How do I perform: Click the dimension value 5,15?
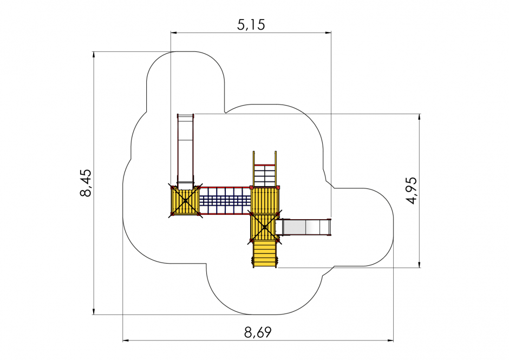click(x=251, y=25)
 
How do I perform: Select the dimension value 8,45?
click(x=86, y=183)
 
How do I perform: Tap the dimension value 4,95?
click(x=412, y=190)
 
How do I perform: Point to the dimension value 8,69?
click(x=258, y=332)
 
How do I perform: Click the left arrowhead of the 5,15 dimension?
click(x=174, y=32)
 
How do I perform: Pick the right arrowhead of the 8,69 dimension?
click(x=390, y=341)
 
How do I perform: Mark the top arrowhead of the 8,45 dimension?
click(x=94, y=55)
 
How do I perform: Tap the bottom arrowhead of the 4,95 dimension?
click(x=420, y=264)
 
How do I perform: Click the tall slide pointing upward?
click(x=185, y=152)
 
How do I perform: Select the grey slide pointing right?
click(x=304, y=227)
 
